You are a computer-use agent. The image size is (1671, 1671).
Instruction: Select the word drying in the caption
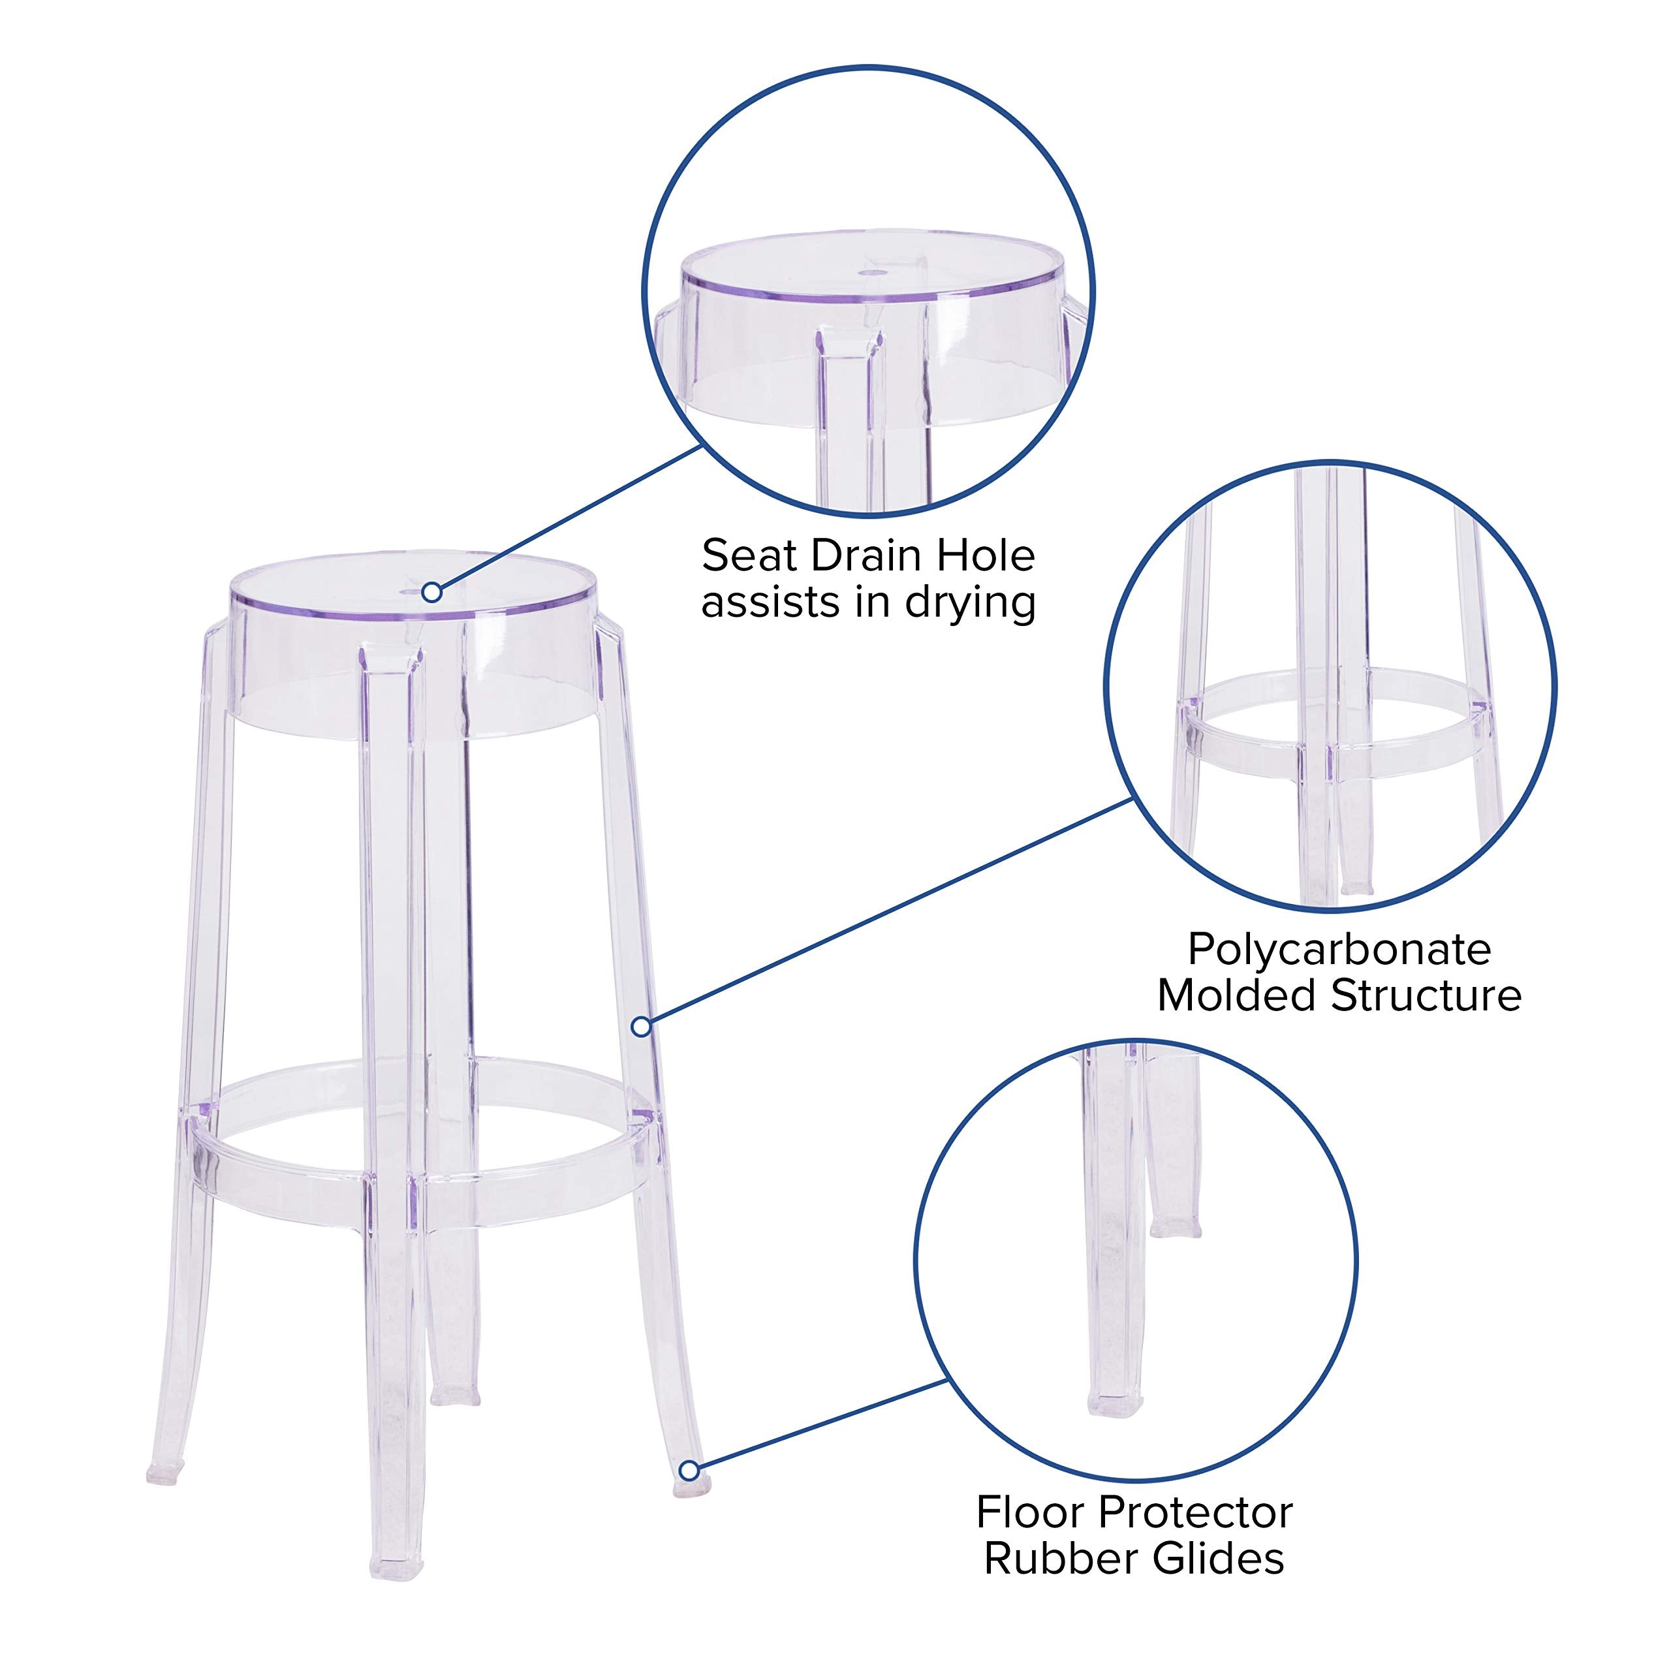pyautogui.click(x=971, y=604)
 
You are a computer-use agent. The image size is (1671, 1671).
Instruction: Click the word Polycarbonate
pyautogui.click(x=1339, y=950)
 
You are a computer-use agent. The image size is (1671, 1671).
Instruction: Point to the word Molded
pyautogui.click(x=1236, y=995)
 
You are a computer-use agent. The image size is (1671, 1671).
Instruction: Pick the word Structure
pyautogui.click(x=1426, y=995)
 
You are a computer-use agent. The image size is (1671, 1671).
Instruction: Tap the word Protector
pyautogui.click(x=1197, y=1513)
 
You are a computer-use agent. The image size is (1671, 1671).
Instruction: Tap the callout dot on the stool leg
pyautogui.click(x=641, y=1027)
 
